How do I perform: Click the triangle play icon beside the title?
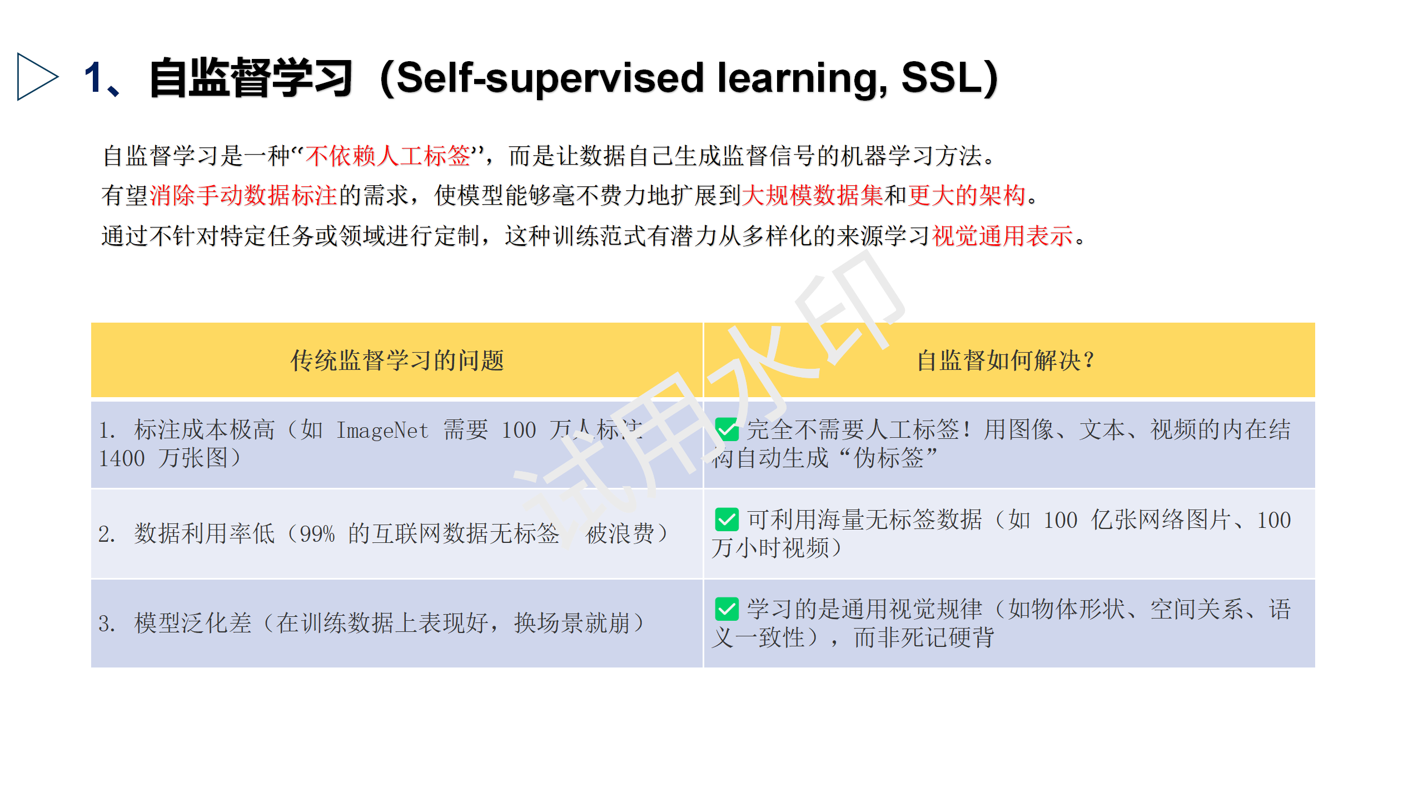click(37, 77)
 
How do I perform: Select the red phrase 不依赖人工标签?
click(388, 156)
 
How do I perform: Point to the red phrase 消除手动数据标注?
click(243, 195)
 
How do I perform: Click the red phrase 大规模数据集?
click(812, 195)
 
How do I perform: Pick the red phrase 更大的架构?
click(966, 195)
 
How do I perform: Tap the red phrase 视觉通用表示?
click(1002, 236)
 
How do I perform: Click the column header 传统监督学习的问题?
click(397, 360)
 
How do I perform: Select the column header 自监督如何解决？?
click(1005, 360)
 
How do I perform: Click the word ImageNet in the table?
click(382, 431)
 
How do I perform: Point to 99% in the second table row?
click(317, 534)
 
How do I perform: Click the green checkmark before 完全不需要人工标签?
click(727, 429)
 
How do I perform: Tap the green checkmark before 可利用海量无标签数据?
click(727, 520)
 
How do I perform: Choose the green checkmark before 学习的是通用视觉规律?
click(727, 609)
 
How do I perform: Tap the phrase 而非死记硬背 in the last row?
click(924, 637)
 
